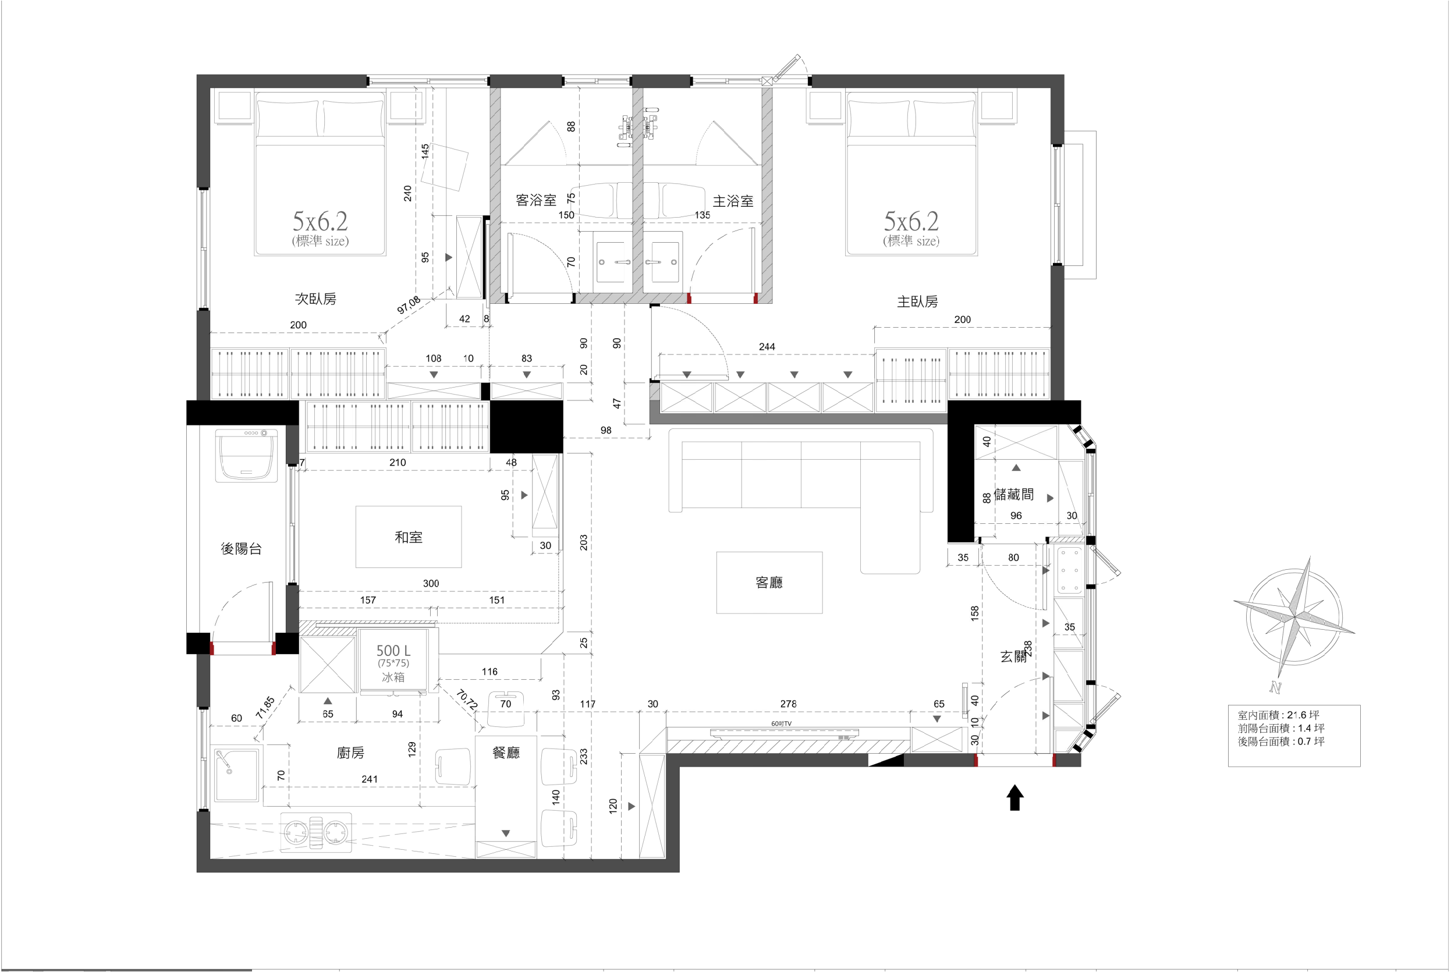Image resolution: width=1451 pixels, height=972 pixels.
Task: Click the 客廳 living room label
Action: pyautogui.click(x=769, y=582)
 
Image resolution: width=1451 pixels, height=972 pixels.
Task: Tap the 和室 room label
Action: pyautogui.click(x=409, y=537)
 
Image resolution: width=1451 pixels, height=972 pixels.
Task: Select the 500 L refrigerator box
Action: pyautogui.click(x=393, y=661)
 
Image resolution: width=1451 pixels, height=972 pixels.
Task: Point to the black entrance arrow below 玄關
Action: pyautogui.click(x=1014, y=797)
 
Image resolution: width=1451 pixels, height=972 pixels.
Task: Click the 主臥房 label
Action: pyautogui.click(x=917, y=302)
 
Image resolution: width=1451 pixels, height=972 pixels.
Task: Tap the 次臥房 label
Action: pyautogui.click(x=315, y=299)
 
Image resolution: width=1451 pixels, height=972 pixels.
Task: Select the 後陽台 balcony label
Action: pyautogui.click(x=241, y=549)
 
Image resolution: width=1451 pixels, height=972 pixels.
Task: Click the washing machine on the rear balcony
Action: pyautogui.click(x=246, y=456)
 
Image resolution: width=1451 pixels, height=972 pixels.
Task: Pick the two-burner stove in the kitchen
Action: pyautogui.click(x=316, y=832)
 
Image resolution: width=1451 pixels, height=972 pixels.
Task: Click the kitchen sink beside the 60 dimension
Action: pyautogui.click(x=236, y=774)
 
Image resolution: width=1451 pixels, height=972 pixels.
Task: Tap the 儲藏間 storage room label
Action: pyautogui.click(x=1014, y=494)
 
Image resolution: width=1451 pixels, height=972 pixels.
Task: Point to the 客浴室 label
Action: pyautogui.click(x=535, y=200)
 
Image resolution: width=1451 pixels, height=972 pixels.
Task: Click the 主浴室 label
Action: pyautogui.click(x=733, y=201)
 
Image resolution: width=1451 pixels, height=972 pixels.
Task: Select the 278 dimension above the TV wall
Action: pyautogui.click(x=789, y=704)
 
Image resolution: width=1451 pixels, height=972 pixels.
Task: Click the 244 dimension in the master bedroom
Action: pyautogui.click(x=767, y=346)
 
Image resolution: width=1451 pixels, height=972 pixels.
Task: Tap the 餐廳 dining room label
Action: pyautogui.click(x=506, y=753)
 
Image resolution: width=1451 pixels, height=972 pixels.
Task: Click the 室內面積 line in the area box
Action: pyautogui.click(x=1279, y=715)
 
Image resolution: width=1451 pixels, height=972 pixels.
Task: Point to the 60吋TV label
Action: pyautogui.click(x=781, y=723)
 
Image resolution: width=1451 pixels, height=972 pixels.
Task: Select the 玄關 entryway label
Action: pyautogui.click(x=1013, y=657)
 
